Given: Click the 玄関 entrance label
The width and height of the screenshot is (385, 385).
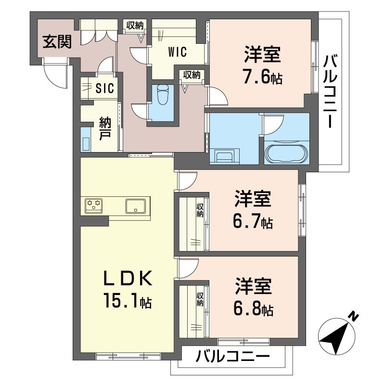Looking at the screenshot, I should (x=57, y=42).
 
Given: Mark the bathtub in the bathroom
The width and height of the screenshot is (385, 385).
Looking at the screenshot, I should (x=286, y=154).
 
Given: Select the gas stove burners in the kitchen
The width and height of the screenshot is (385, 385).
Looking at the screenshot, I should (x=94, y=206).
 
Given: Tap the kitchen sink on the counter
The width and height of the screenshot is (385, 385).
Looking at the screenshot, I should (x=137, y=206).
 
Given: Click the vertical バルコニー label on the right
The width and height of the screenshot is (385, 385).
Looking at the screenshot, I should (x=331, y=91).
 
